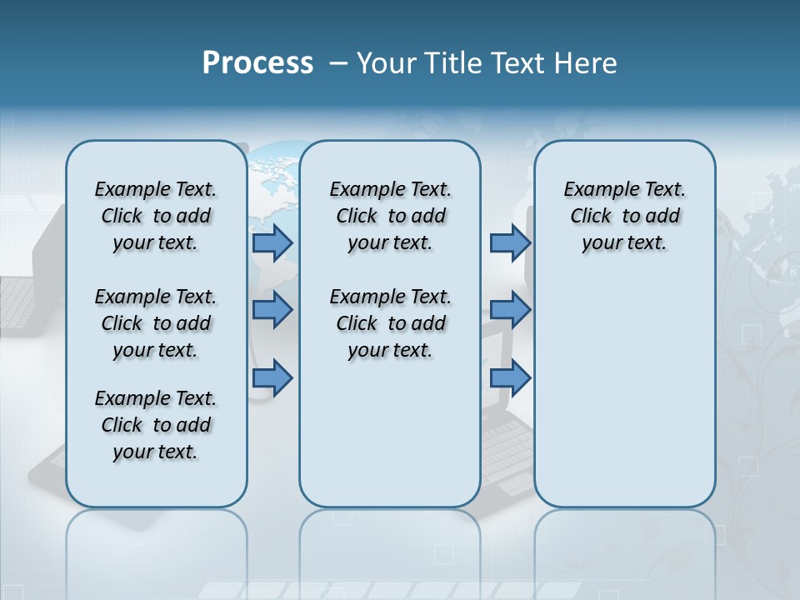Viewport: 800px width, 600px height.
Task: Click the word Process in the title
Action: [257, 63]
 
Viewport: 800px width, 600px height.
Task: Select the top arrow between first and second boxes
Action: [272, 242]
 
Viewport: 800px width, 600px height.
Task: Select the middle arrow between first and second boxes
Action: [272, 310]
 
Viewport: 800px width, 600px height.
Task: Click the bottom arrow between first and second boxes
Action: [272, 378]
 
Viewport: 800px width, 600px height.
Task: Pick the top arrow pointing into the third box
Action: [510, 242]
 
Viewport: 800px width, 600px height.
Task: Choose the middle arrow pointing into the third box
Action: [510, 310]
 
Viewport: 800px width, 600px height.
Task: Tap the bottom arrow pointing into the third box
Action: [510, 378]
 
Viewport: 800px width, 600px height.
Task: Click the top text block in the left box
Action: [156, 216]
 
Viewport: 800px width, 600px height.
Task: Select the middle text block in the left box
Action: [156, 323]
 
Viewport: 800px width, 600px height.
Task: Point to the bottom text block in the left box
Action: [156, 425]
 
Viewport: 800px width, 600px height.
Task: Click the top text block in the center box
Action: [390, 216]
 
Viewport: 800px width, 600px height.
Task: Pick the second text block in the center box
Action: [390, 323]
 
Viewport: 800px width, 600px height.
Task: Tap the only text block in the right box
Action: [624, 216]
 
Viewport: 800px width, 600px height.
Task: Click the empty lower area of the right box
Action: [624, 400]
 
